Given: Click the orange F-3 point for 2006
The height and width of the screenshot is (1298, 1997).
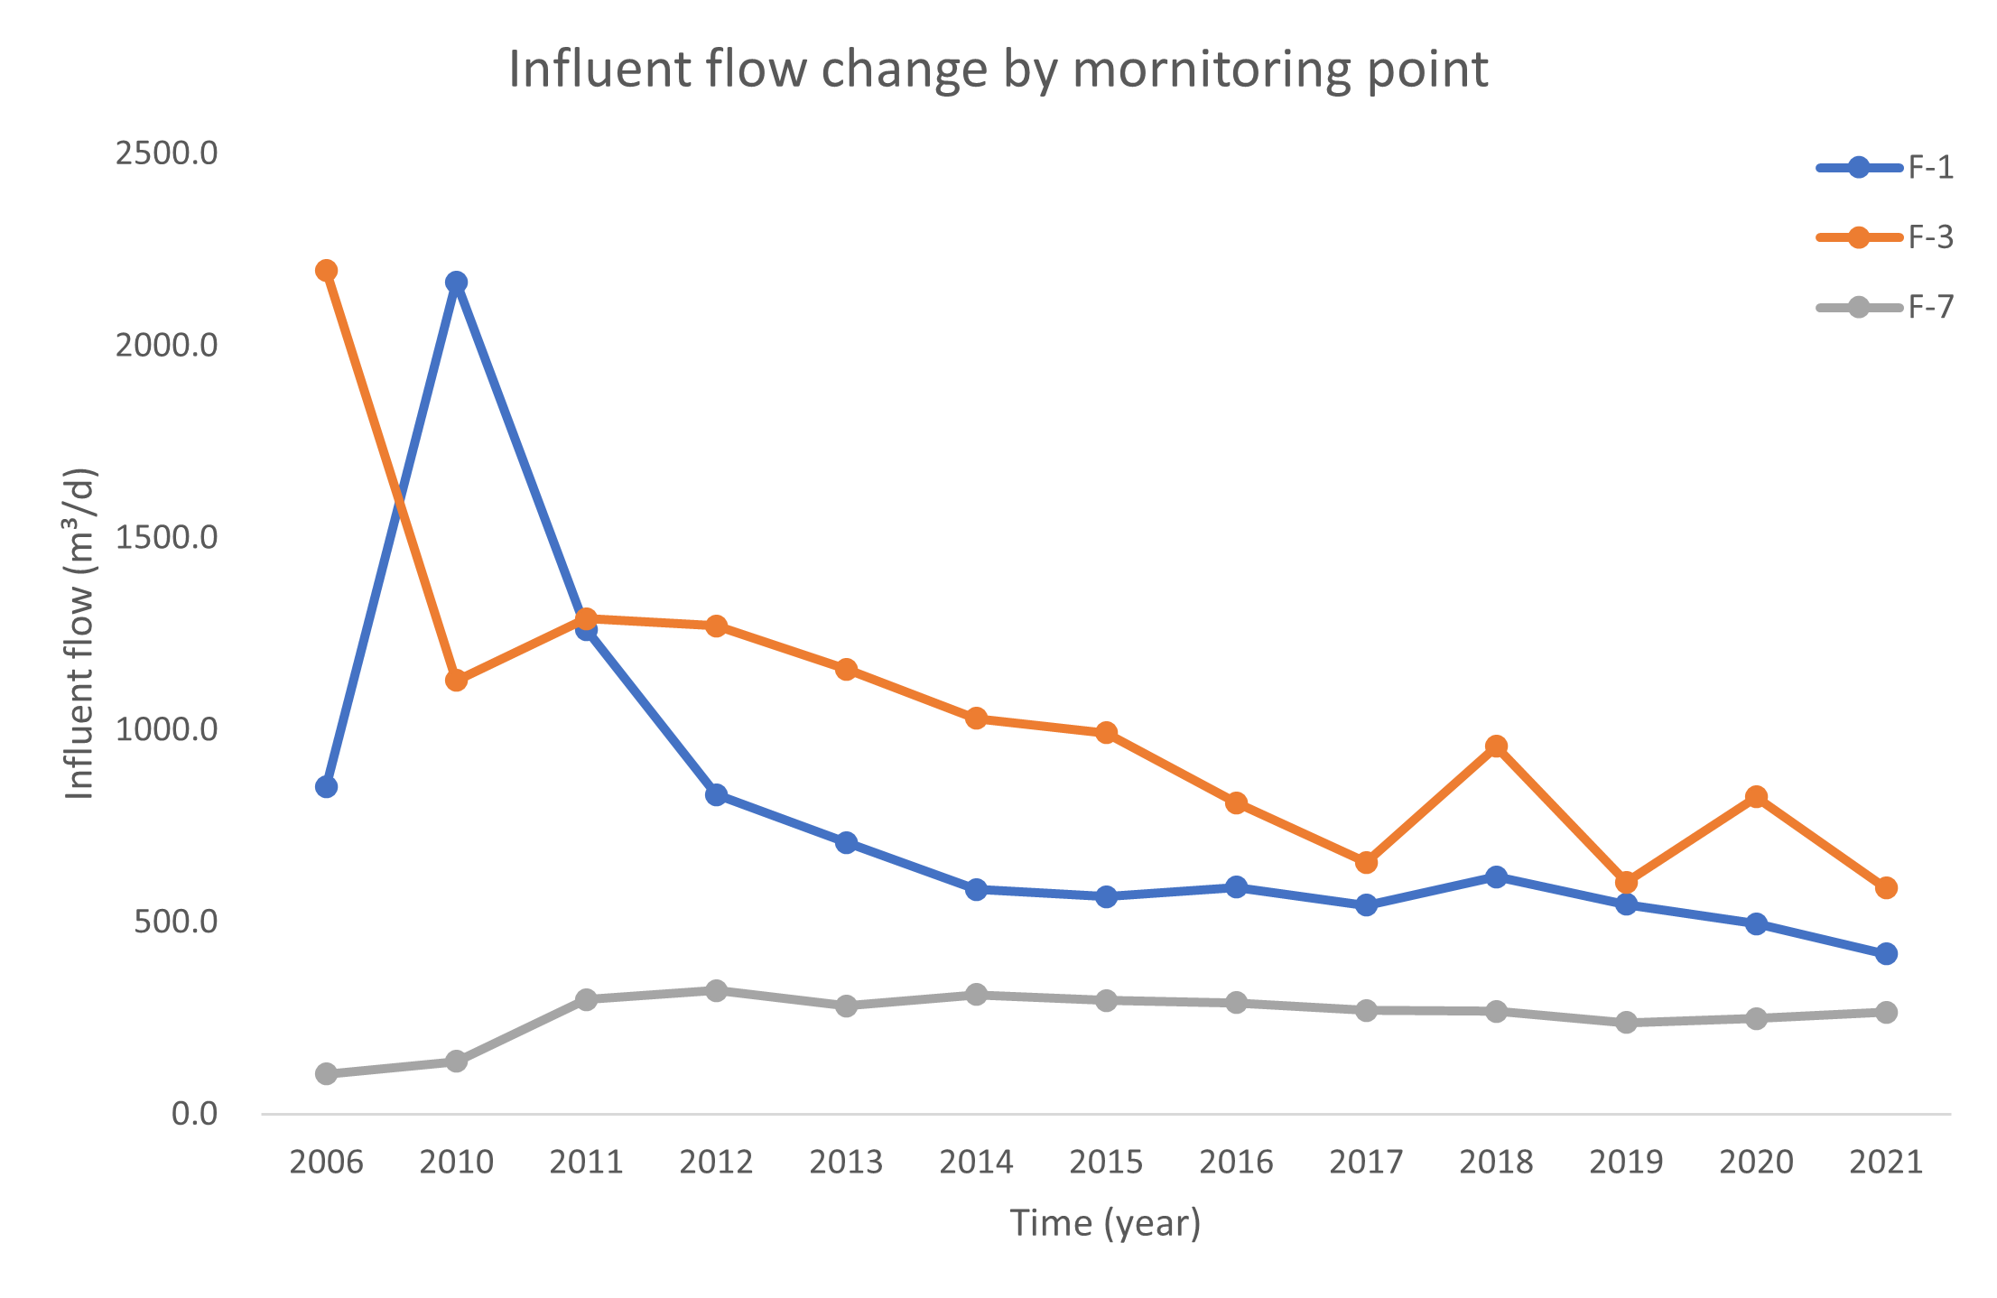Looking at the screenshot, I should (327, 271).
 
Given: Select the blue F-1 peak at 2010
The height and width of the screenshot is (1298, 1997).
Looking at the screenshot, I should (457, 283).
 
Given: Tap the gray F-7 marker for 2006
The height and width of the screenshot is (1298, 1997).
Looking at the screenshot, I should (327, 1073).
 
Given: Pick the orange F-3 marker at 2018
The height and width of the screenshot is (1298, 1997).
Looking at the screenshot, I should (1497, 746).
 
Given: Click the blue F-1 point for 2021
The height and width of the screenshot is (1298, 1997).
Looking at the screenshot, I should (1886, 954).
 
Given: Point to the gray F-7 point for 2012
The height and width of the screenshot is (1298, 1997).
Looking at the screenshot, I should (717, 990).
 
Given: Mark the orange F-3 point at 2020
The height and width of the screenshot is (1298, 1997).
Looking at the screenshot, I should (1756, 797).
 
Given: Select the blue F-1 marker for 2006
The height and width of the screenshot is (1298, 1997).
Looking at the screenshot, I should (327, 787).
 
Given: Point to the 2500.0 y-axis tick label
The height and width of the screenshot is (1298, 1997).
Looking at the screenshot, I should (167, 154).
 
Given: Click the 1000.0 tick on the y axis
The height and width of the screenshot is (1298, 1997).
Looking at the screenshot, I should (167, 729).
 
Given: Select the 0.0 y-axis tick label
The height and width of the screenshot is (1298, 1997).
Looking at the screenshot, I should (194, 1114).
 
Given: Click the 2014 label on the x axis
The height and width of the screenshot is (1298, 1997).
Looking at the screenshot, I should (976, 1163).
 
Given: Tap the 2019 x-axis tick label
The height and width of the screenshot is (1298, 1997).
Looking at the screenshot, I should (1626, 1163).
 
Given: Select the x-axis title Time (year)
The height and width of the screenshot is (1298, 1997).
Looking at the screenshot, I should (1105, 1223).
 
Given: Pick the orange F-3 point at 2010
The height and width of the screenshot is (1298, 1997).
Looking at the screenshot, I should (457, 680).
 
